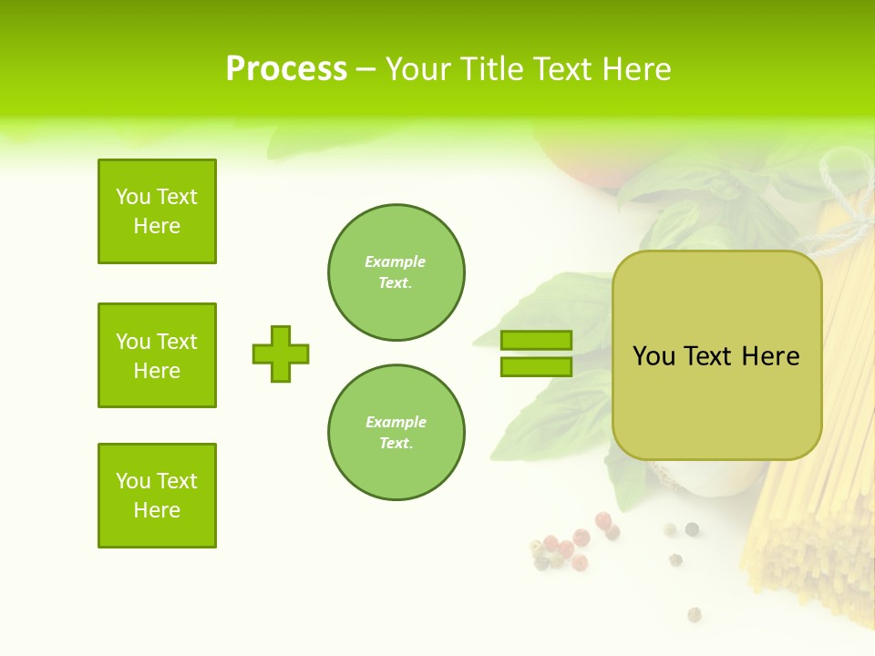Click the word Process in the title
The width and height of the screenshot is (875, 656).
pos(286,69)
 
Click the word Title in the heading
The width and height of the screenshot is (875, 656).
pos(493,69)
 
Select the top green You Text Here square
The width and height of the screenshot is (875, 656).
pos(157,211)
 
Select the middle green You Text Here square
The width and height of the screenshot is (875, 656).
pos(157,355)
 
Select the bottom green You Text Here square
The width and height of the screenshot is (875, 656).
pos(157,496)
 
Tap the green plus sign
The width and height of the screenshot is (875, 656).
pos(281,354)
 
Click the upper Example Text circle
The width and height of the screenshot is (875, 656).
pos(396,272)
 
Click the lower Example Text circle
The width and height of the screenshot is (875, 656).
pos(396,433)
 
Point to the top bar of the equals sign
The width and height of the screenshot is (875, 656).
pos(536,341)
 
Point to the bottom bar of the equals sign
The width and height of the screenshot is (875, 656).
pos(536,366)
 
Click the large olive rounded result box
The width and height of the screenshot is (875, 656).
pos(716,410)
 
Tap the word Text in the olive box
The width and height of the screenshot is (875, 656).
pos(707,356)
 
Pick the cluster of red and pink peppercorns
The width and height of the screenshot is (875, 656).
pos(565,547)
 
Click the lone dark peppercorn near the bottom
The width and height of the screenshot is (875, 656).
pos(695,613)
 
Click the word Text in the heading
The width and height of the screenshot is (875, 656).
pos(561,69)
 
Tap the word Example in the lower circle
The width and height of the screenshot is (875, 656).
pos(396,422)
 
